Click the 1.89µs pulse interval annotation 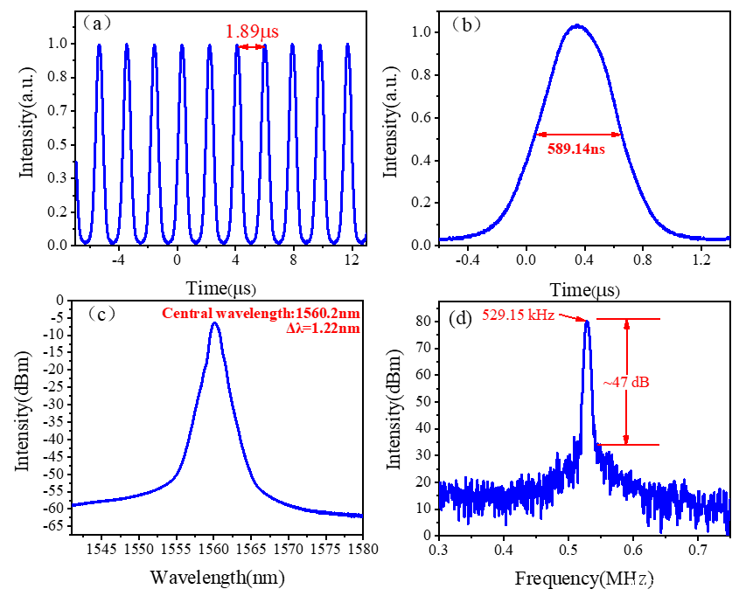point(252,31)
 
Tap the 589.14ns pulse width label point(580,149)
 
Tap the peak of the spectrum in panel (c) point(214,323)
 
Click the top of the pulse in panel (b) point(577,26)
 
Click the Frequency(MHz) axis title point(584,578)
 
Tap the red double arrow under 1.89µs point(251,46)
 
